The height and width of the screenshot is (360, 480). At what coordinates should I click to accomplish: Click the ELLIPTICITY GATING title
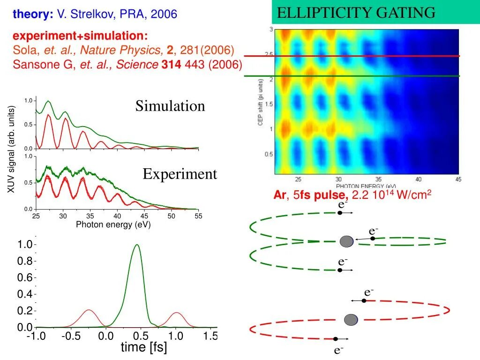pos(356,13)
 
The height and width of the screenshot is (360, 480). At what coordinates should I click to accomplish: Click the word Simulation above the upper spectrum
pos(170,106)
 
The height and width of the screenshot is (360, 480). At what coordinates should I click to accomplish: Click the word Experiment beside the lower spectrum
pos(180,174)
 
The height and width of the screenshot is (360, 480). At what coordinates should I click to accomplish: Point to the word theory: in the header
pos(33,15)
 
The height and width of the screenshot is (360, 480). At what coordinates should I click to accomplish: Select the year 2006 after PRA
pos(164,15)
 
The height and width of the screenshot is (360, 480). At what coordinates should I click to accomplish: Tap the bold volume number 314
pos(170,64)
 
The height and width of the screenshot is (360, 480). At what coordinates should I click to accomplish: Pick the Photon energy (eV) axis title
pos(113,225)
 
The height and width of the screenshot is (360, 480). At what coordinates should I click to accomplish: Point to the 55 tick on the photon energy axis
pos(198,216)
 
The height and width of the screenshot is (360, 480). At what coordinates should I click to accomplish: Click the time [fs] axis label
pos(143,348)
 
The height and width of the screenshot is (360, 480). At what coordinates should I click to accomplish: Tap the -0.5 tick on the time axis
pos(71,336)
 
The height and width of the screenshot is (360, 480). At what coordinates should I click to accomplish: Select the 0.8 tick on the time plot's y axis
pos(25,261)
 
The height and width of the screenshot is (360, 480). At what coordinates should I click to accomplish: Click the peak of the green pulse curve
pos(137,245)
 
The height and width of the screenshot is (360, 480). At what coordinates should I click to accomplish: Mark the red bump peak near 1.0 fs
pos(176,313)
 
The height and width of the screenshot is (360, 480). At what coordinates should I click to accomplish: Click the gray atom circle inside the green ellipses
pos(346,241)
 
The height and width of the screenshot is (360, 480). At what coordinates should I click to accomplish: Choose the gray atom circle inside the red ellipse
pos(351,320)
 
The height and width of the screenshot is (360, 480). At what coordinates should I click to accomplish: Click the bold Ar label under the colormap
pos(279,195)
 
